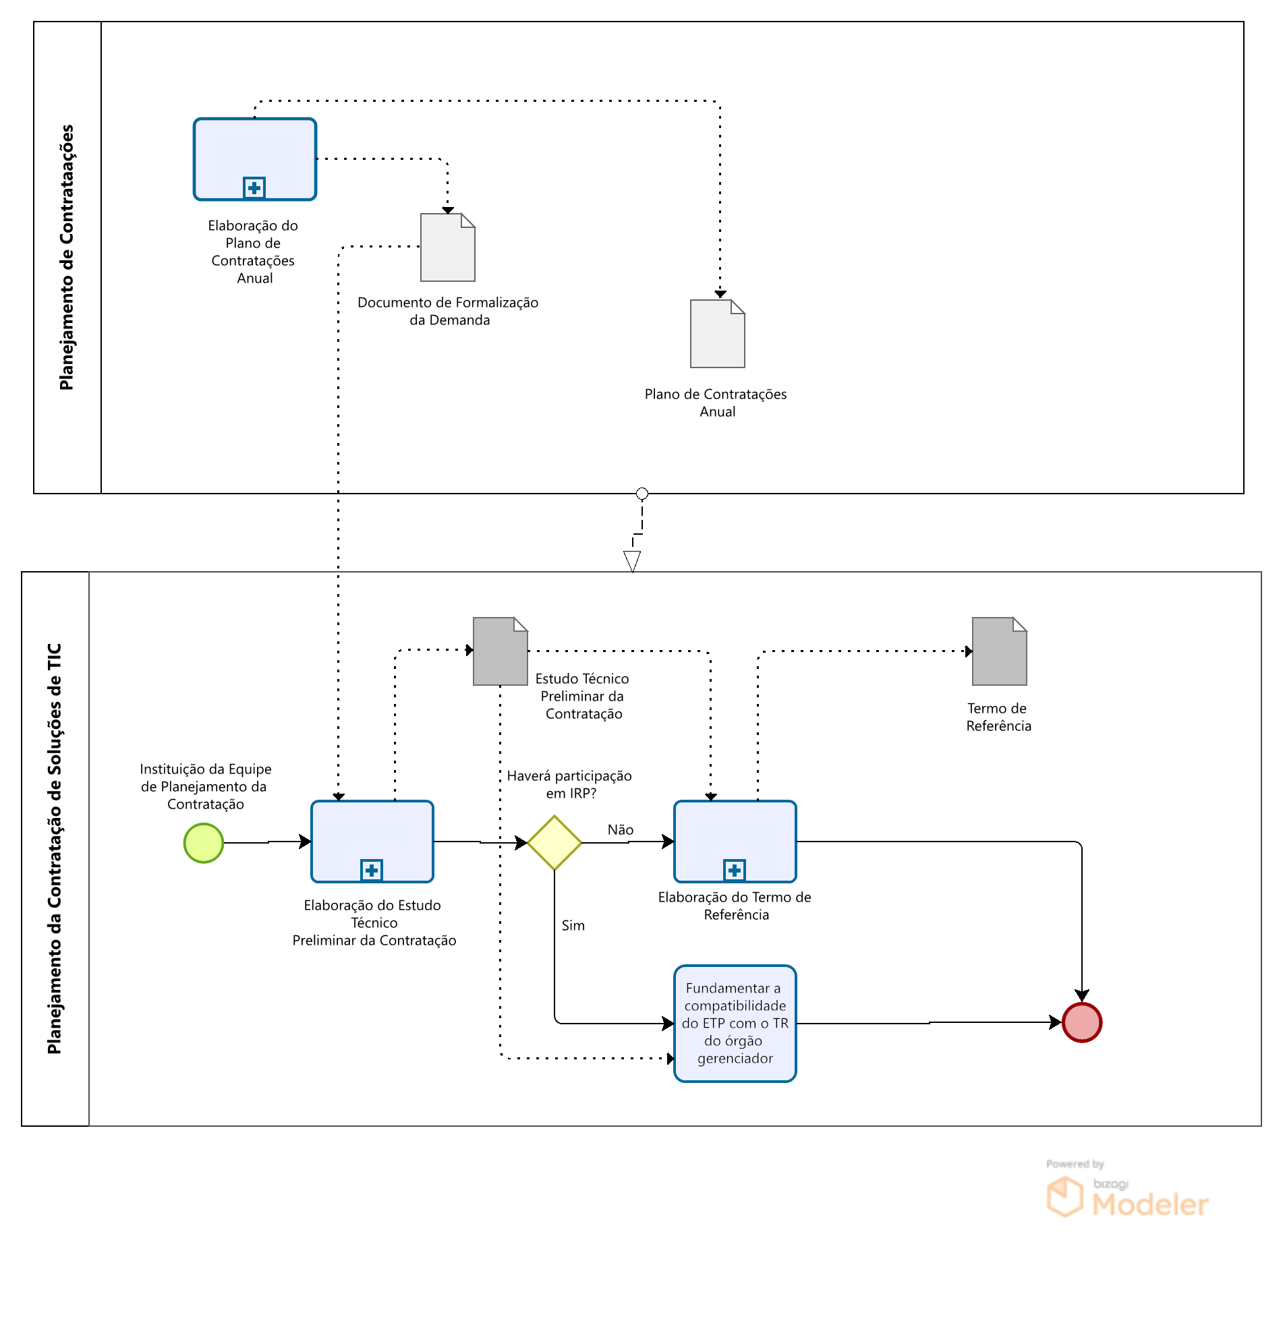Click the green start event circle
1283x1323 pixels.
pyautogui.click(x=203, y=843)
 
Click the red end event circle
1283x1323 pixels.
pyautogui.click(x=1082, y=1023)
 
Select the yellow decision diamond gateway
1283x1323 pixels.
pyautogui.click(x=554, y=843)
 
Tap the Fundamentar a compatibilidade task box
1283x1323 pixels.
pyautogui.click(x=735, y=1024)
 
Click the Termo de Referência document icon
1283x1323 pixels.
pyautogui.click(x=1000, y=651)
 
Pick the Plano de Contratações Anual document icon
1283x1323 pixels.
pyautogui.click(x=717, y=334)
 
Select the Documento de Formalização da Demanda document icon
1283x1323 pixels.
pyautogui.click(x=448, y=247)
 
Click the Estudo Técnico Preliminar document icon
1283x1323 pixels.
pyautogui.click(x=500, y=651)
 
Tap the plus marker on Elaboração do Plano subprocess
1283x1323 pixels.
pyautogui.click(x=254, y=187)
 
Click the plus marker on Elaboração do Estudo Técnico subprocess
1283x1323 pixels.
pyautogui.click(x=372, y=870)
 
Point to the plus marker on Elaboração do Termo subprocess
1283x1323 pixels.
pyautogui.click(x=734, y=870)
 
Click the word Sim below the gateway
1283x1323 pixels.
pyautogui.click(x=573, y=925)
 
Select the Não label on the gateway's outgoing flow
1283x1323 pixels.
pyautogui.click(x=621, y=829)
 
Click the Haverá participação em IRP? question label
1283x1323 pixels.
pyautogui.click(x=569, y=784)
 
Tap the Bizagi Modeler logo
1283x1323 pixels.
pyautogui.click(x=1128, y=1198)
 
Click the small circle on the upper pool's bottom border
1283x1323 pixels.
pyautogui.click(x=642, y=494)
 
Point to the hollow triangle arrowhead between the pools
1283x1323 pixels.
pyautogui.click(x=632, y=560)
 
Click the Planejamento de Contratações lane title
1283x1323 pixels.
pyautogui.click(x=67, y=257)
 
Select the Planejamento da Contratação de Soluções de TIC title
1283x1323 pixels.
pyautogui.click(x=55, y=848)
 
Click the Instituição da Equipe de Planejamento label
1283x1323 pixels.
pyautogui.click(x=205, y=786)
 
